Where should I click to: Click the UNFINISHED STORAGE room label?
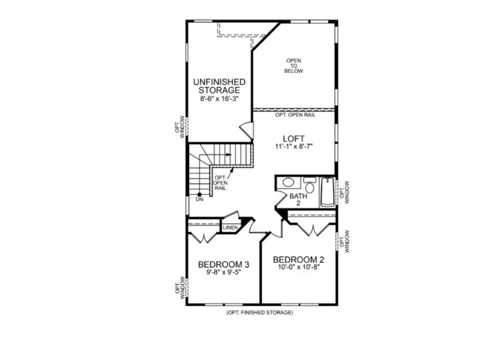pyautogui.click(x=219, y=86)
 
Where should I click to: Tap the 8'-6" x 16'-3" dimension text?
pyautogui.click(x=219, y=99)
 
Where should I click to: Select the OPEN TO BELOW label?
pyautogui.click(x=294, y=66)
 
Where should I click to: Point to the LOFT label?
pyautogui.click(x=294, y=139)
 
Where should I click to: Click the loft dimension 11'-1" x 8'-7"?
pyautogui.click(x=294, y=146)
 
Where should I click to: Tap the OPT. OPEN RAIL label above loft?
pyautogui.click(x=295, y=115)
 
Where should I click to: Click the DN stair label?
pyautogui.click(x=199, y=200)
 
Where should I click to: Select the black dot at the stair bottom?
pyautogui.click(x=199, y=194)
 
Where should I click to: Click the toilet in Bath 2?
pyautogui.click(x=310, y=185)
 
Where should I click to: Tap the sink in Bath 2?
pyautogui.click(x=288, y=182)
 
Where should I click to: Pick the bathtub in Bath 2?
pyautogui.click(x=327, y=192)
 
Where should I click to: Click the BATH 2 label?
pyautogui.click(x=298, y=199)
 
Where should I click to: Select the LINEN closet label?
pyautogui.click(x=230, y=228)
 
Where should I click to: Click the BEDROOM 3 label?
pyautogui.click(x=224, y=264)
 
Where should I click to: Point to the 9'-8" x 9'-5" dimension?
pyautogui.click(x=224, y=272)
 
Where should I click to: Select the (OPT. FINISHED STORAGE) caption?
pyautogui.click(x=260, y=312)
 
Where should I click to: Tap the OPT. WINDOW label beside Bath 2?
pyautogui.click(x=344, y=192)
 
